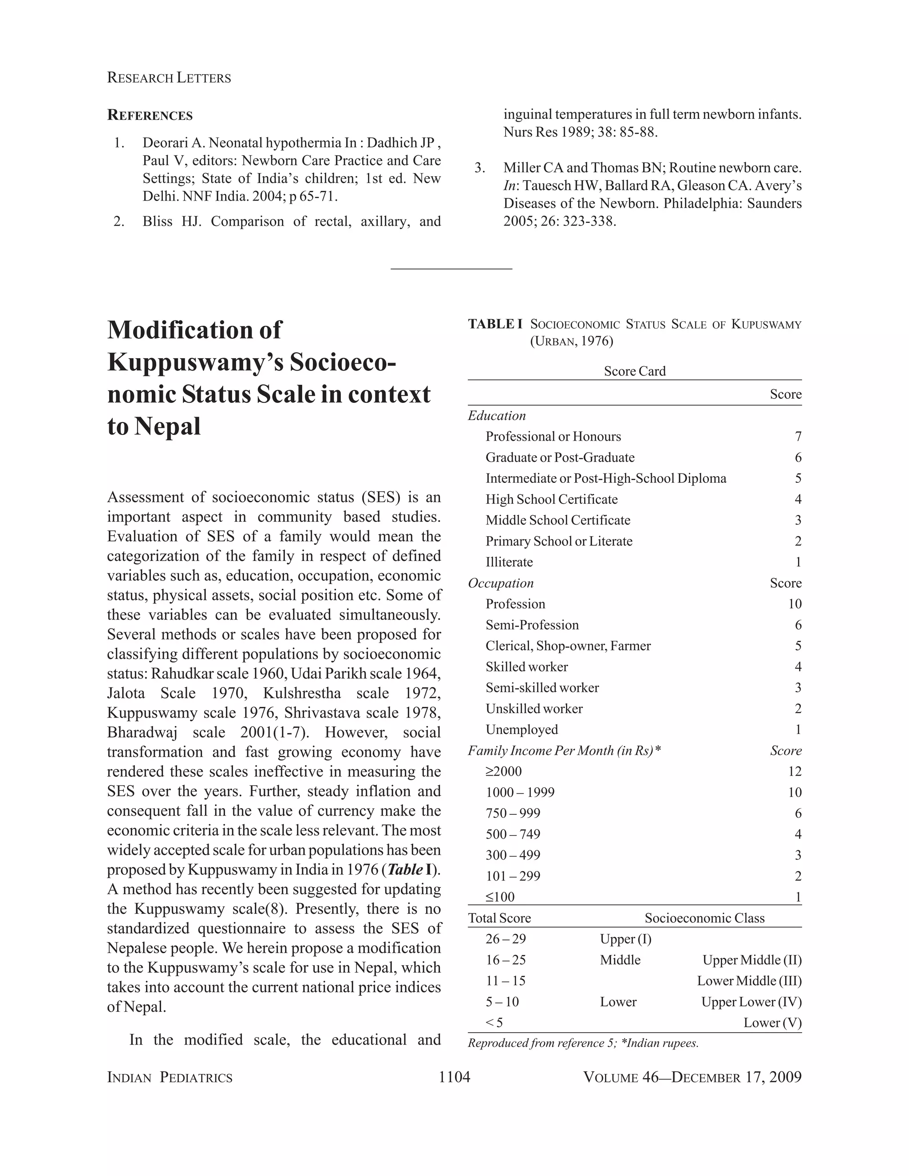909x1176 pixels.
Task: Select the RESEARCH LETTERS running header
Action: [x=169, y=78]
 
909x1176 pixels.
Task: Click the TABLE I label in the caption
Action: [x=495, y=324]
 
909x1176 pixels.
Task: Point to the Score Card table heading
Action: [x=634, y=371]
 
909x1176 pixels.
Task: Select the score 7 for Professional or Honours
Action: [x=798, y=437]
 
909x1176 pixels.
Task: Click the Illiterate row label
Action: [x=509, y=562]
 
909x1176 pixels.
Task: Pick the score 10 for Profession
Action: [x=794, y=604]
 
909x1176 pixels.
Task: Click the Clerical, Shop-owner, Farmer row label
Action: [x=568, y=646]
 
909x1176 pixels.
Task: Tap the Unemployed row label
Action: [x=521, y=730]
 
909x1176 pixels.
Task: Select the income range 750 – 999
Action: [x=513, y=813]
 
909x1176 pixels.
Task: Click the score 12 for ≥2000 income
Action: [x=794, y=772]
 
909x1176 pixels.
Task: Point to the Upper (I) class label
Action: [x=625, y=939]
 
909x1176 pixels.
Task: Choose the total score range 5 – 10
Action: [x=502, y=1002]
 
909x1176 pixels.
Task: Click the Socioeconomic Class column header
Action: [x=704, y=918]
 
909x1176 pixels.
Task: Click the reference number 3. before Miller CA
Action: [x=480, y=168]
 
